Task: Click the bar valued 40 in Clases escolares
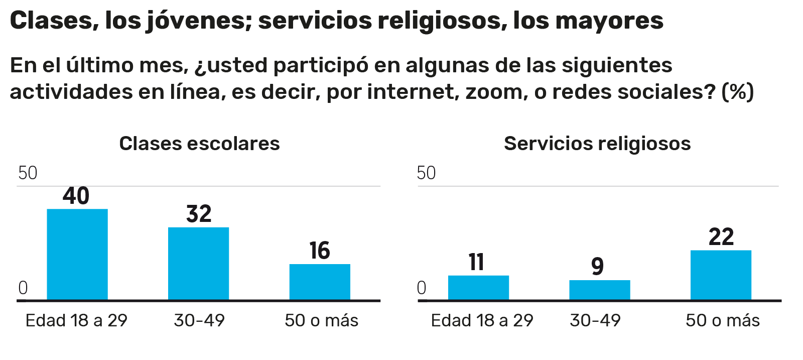(x=77, y=254)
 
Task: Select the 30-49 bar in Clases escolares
(x=198, y=264)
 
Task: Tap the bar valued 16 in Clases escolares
(x=320, y=282)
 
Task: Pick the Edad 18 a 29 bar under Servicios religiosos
(x=478, y=288)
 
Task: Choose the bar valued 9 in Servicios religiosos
(x=599, y=290)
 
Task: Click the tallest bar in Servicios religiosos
(x=721, y=275)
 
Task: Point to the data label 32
(x=199, y=214)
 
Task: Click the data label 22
(x=721, y=237)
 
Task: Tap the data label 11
(x=476, y=262)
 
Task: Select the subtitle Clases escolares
(x=199, y=144)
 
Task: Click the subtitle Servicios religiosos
(x=597, y=144)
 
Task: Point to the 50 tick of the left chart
(x=28, y=173)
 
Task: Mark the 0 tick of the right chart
(x=422, y=288)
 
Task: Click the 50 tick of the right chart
(x=426, y=173)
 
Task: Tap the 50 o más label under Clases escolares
(x=321, y=320)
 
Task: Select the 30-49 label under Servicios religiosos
(x=595, y=320)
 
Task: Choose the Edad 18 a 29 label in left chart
(x=76, y=320)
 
